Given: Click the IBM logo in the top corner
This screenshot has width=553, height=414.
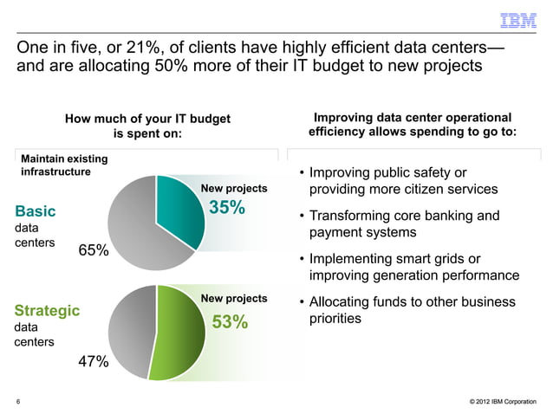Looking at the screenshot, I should click(518, 19).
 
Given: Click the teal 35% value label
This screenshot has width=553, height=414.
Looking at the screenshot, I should click(227, 209).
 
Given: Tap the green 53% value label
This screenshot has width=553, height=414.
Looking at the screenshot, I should click(230, 323).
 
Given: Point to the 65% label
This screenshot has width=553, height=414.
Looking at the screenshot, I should click(94, 250).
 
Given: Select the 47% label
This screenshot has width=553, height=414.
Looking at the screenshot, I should click(94, 362).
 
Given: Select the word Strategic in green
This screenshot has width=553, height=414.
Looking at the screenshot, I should click(47, 309).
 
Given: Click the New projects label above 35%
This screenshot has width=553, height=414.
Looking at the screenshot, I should click(234, 189).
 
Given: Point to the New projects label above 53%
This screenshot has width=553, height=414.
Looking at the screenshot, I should click(234, 299).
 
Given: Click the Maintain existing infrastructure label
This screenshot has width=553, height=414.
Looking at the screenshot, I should click(63, 165).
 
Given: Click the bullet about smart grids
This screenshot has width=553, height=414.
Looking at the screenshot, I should click(407, 267).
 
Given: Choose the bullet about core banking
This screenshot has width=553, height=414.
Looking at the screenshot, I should click(403, 223).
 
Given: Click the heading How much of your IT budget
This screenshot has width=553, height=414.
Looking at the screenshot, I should click(148, 120).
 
